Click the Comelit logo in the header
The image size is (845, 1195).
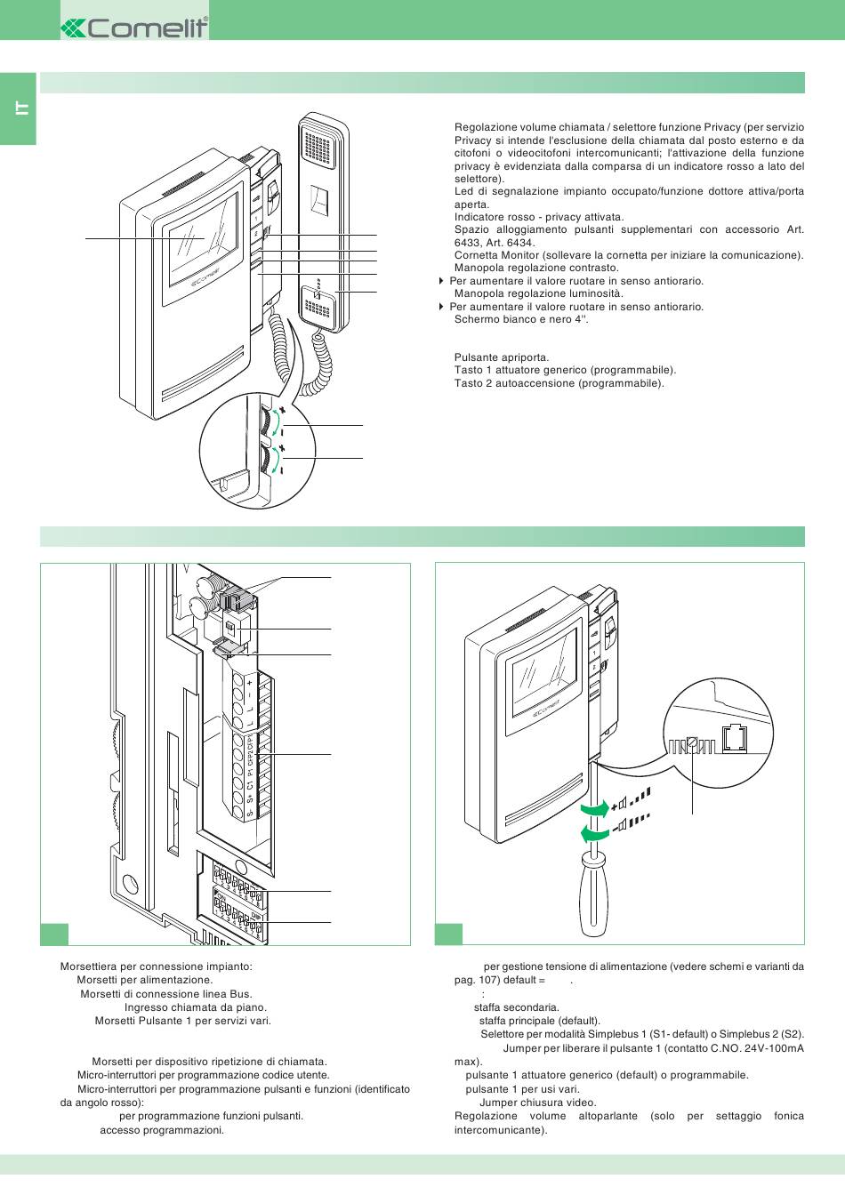(x=134, y=28)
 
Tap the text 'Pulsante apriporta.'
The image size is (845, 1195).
(x=502, y=357)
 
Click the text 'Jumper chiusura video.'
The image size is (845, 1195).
(x=538, y=1103)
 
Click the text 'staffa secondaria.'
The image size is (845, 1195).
(x=517, y=1007)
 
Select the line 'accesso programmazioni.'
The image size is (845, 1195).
(x=162, y=1130)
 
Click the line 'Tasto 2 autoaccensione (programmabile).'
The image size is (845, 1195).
(x=559, y=383)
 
